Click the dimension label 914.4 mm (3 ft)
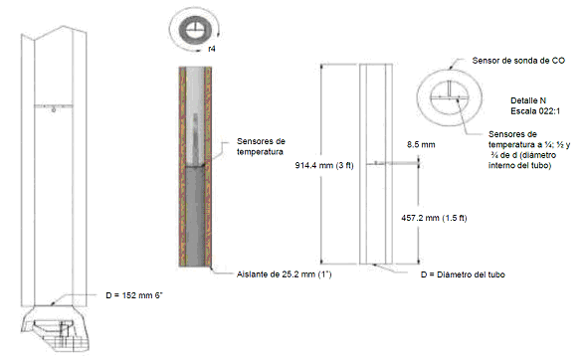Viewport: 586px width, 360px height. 324,165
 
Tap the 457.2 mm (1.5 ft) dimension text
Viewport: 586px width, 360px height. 434,218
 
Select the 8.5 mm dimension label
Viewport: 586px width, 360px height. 421,144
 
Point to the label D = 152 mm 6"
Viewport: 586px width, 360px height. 134,295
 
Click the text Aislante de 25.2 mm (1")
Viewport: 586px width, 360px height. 284,274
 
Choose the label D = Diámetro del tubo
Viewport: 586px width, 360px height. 463,274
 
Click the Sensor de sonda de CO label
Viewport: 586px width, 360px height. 518,61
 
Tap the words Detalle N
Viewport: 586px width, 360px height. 528,100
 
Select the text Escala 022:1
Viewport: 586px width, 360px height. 535,111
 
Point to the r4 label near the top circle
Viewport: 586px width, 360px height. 212,49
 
